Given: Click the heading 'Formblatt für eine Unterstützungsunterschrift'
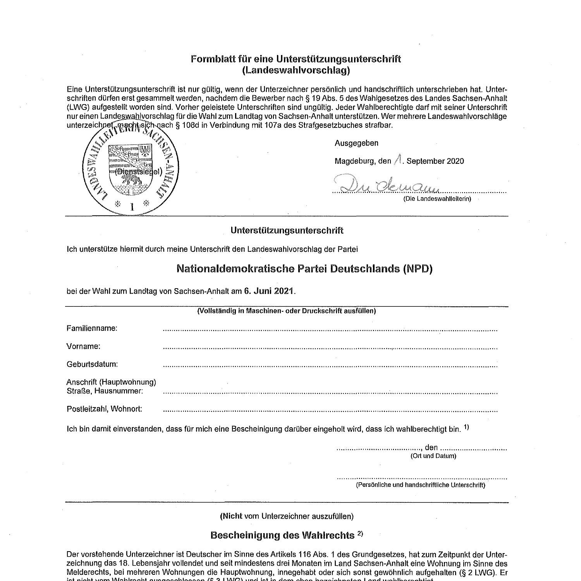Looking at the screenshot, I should pos(296,59).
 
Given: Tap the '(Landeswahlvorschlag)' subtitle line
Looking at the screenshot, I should pos(296,70).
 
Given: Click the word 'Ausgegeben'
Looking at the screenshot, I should pos(356,143).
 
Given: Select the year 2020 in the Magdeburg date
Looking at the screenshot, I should pos(455,161).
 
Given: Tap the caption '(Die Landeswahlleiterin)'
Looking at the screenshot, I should pos(437,199).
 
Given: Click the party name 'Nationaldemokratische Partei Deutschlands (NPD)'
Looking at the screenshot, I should pos(304,268).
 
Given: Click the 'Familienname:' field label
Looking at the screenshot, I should pos(92,328).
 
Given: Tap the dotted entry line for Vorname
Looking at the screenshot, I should pos(330,348).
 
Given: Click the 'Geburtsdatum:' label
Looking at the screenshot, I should pos(92,364).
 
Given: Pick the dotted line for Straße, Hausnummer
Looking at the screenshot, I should pos(330,393).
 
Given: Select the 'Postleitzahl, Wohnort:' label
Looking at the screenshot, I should pos(104,409).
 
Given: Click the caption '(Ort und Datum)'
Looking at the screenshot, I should pos(433,456).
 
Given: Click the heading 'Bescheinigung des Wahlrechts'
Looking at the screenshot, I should pos(282,535).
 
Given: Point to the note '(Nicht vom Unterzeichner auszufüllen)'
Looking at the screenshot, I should pos(287,516).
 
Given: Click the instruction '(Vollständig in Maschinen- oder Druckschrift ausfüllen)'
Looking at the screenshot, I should pos(286,311).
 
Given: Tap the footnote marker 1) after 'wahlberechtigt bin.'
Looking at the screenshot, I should pos(466,427).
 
